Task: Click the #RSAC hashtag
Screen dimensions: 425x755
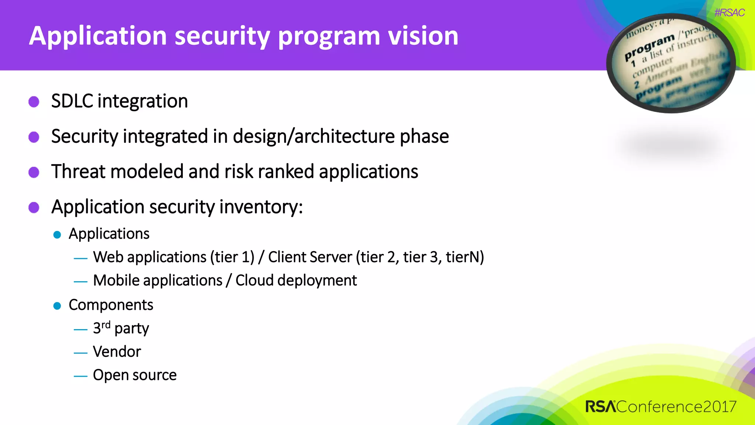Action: pyautogui.click(x=729, y=13)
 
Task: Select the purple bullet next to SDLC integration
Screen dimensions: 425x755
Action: pyautogui.click(x=34, y=102)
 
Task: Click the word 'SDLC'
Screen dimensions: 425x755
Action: pyautogui.click(x=72, y=101)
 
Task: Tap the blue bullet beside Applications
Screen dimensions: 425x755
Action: pyautogui.click(x=57, y=235)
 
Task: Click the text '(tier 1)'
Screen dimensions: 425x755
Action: pyautogui.click(x=232, y=257)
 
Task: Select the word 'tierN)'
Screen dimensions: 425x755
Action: pyautogui.click(x=465, y=257)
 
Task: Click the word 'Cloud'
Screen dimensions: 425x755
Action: pyautogui.click(x=254, y=280)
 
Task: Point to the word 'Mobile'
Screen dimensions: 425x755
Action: pyautogui.click(x=116, y=280)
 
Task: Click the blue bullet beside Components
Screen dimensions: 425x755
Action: pyautogui.click(x=57, y=306)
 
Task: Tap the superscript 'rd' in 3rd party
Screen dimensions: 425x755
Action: pyautogui.click(x=106, y=325)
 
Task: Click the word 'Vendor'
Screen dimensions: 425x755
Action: pyautogui.click(x=117, y=352)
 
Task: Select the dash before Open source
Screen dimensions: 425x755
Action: pyautogui.click(x=80, y=376)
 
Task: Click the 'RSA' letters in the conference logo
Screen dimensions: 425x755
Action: pyautogui.click(x=600, y=407)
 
